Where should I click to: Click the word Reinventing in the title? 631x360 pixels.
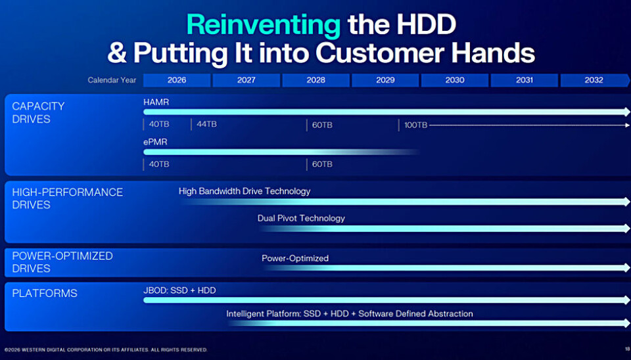264,24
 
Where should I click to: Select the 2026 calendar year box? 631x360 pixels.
177,80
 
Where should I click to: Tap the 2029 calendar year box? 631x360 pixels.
385,80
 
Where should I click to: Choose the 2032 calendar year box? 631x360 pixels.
594,80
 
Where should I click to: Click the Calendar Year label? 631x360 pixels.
112,80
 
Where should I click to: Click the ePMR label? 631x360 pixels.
155,141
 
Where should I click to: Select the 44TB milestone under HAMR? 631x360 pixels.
206,124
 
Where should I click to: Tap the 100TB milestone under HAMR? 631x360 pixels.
415,125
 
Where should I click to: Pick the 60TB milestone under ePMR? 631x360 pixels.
322,164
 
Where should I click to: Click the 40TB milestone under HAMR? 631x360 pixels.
159,124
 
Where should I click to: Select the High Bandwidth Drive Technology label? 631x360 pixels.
245,191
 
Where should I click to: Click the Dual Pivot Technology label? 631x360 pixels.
301,218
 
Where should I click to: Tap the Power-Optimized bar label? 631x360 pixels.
295,258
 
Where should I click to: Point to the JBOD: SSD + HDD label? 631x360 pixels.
179,290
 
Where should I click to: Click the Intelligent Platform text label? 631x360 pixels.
350,314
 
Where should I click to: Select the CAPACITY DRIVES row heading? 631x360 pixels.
38,112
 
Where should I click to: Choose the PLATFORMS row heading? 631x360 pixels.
45,293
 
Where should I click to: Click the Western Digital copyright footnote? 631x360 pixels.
106,350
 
